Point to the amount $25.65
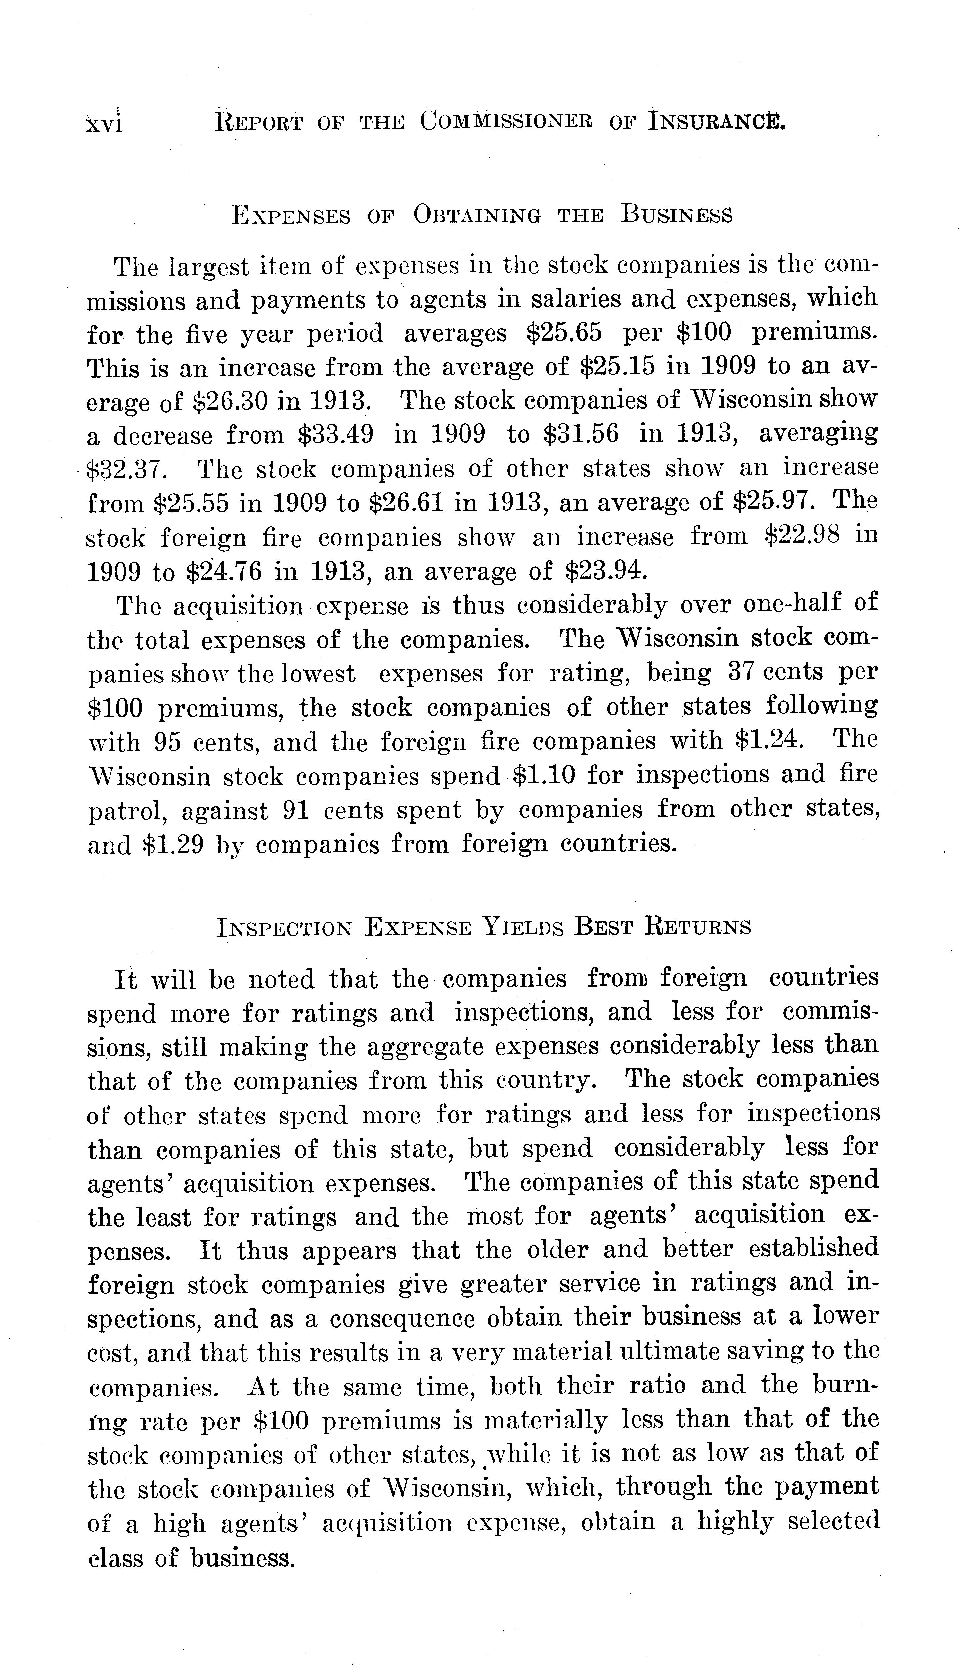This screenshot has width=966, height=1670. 565,333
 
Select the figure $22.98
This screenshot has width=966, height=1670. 802,536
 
